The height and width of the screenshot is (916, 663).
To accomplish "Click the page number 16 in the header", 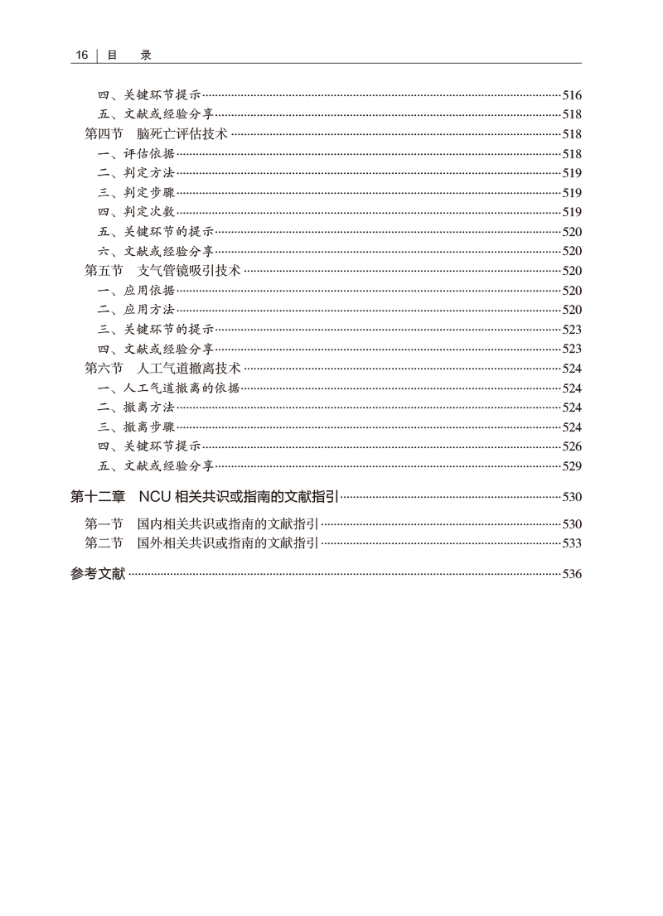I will point(81,55).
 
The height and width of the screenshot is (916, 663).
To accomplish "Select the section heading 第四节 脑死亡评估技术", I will point(157,134).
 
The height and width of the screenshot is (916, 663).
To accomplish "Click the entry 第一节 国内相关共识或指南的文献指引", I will point(202,523).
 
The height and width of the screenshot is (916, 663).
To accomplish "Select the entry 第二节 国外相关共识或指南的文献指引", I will point(202,543).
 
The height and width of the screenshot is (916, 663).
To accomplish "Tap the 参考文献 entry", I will point(98,573).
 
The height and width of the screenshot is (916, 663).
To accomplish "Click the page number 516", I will point(572,95).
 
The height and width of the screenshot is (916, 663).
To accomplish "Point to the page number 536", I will point(572,573).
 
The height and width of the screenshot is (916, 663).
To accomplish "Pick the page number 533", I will point(572,543).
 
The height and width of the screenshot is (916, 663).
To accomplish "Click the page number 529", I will point(572,466).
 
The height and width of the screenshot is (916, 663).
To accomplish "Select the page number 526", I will point(572,446).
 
